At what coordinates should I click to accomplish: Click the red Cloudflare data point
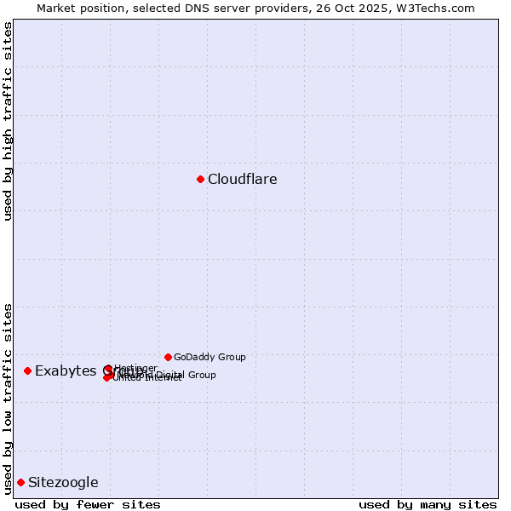click(200, 179)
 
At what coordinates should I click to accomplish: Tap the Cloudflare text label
click(243, 179)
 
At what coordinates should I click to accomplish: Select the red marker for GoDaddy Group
click(168, 357)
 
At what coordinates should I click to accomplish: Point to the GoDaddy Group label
click(210, 357)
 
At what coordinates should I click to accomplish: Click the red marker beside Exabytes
click(27, 370)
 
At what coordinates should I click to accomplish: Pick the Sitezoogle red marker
click(20, 482)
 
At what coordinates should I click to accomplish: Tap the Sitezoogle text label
click(63, 483)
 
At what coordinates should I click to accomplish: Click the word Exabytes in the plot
click(66, 371)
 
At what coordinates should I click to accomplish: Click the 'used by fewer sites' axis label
click(88, 504)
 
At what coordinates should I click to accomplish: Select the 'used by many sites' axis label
click(428, 504)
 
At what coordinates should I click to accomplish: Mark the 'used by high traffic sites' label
click(8, 121)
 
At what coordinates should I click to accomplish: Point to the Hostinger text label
click(135, 368)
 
